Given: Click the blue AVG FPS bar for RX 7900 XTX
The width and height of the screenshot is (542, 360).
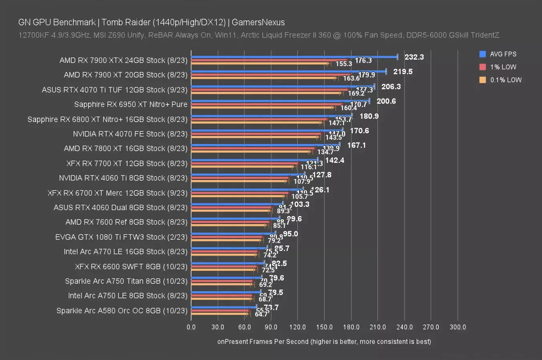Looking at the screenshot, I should click(294, 57).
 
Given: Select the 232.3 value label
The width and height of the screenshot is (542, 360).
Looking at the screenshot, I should click(414, 57).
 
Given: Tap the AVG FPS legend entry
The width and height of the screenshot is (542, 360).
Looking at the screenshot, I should click(503, 54).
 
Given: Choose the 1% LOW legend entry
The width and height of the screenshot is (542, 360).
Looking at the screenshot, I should click(503, 67).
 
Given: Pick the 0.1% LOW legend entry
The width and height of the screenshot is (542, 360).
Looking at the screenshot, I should click(506, 80).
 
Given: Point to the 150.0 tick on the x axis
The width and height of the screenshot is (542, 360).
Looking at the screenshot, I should click(324, 327).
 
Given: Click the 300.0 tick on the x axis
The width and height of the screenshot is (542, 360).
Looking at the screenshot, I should click(458, 327).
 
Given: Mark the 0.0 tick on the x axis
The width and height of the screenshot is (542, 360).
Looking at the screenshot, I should click(191, 327).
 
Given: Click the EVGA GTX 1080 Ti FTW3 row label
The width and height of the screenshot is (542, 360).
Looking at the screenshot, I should click(121, 237).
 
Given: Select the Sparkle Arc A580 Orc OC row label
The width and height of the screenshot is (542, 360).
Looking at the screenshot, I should click(122, 310).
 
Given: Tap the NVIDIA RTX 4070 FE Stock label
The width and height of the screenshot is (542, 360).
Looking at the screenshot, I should click(130, 134).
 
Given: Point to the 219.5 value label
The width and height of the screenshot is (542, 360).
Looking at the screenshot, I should click(403, 72).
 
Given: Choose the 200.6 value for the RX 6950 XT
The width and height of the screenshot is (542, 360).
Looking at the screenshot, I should click(386, 101).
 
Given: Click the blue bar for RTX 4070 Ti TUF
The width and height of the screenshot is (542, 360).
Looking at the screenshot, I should click(283, 86).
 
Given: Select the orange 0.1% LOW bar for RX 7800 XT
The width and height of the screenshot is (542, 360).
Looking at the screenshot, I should click(251, 152).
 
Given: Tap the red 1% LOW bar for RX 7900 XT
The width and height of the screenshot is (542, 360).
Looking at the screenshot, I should click(271, 75).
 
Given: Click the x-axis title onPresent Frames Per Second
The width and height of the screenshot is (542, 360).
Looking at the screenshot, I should click(324, 341).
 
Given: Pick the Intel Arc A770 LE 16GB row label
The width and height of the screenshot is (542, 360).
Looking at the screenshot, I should click(125, 252).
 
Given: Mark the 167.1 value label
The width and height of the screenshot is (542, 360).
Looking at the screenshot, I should click(356, 145).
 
